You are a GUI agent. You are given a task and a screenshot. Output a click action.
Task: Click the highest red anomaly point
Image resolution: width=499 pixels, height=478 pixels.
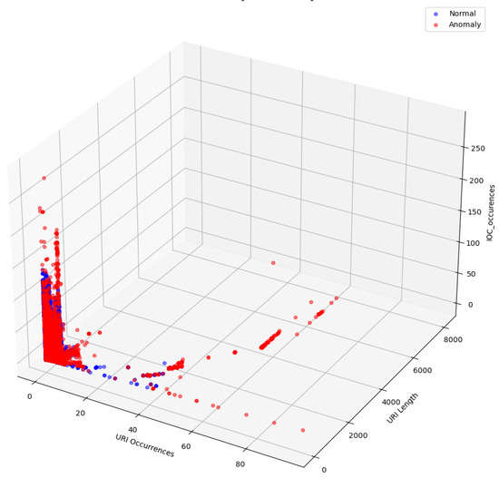(44, 178)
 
